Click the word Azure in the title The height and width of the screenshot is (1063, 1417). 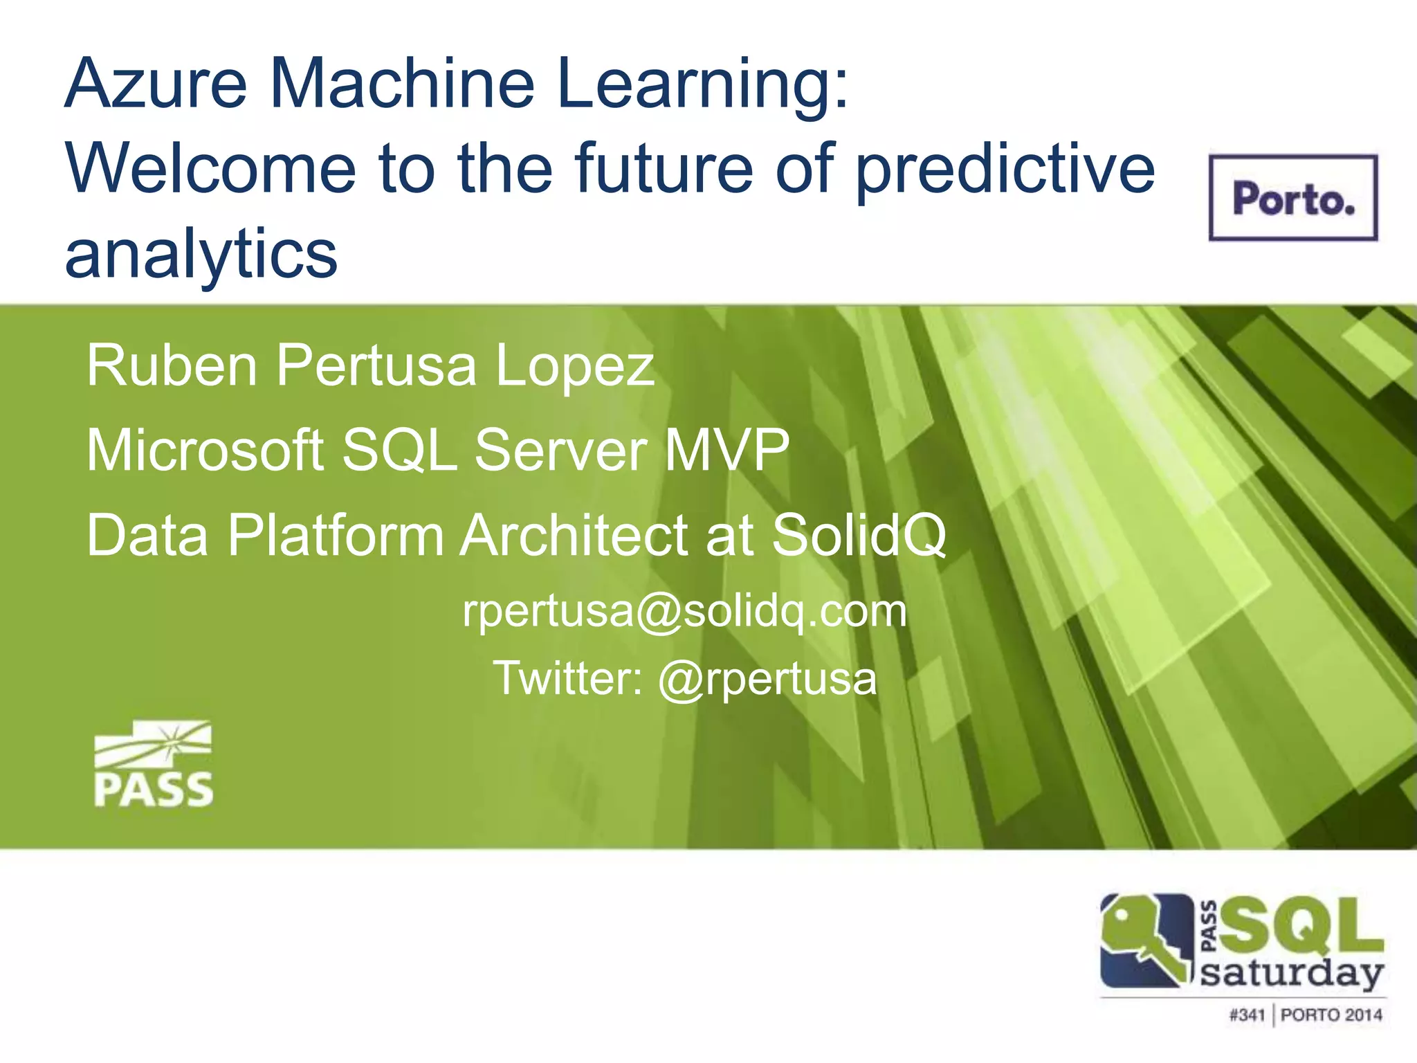156,84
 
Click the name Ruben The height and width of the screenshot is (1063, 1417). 172,365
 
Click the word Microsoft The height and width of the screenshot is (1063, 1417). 205,450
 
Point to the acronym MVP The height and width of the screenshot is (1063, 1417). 726,450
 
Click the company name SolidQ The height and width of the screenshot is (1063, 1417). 858,535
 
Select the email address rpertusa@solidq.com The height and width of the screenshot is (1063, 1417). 684,612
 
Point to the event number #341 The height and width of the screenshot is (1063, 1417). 1247,1015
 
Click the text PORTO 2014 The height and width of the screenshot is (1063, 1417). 1331,1015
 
